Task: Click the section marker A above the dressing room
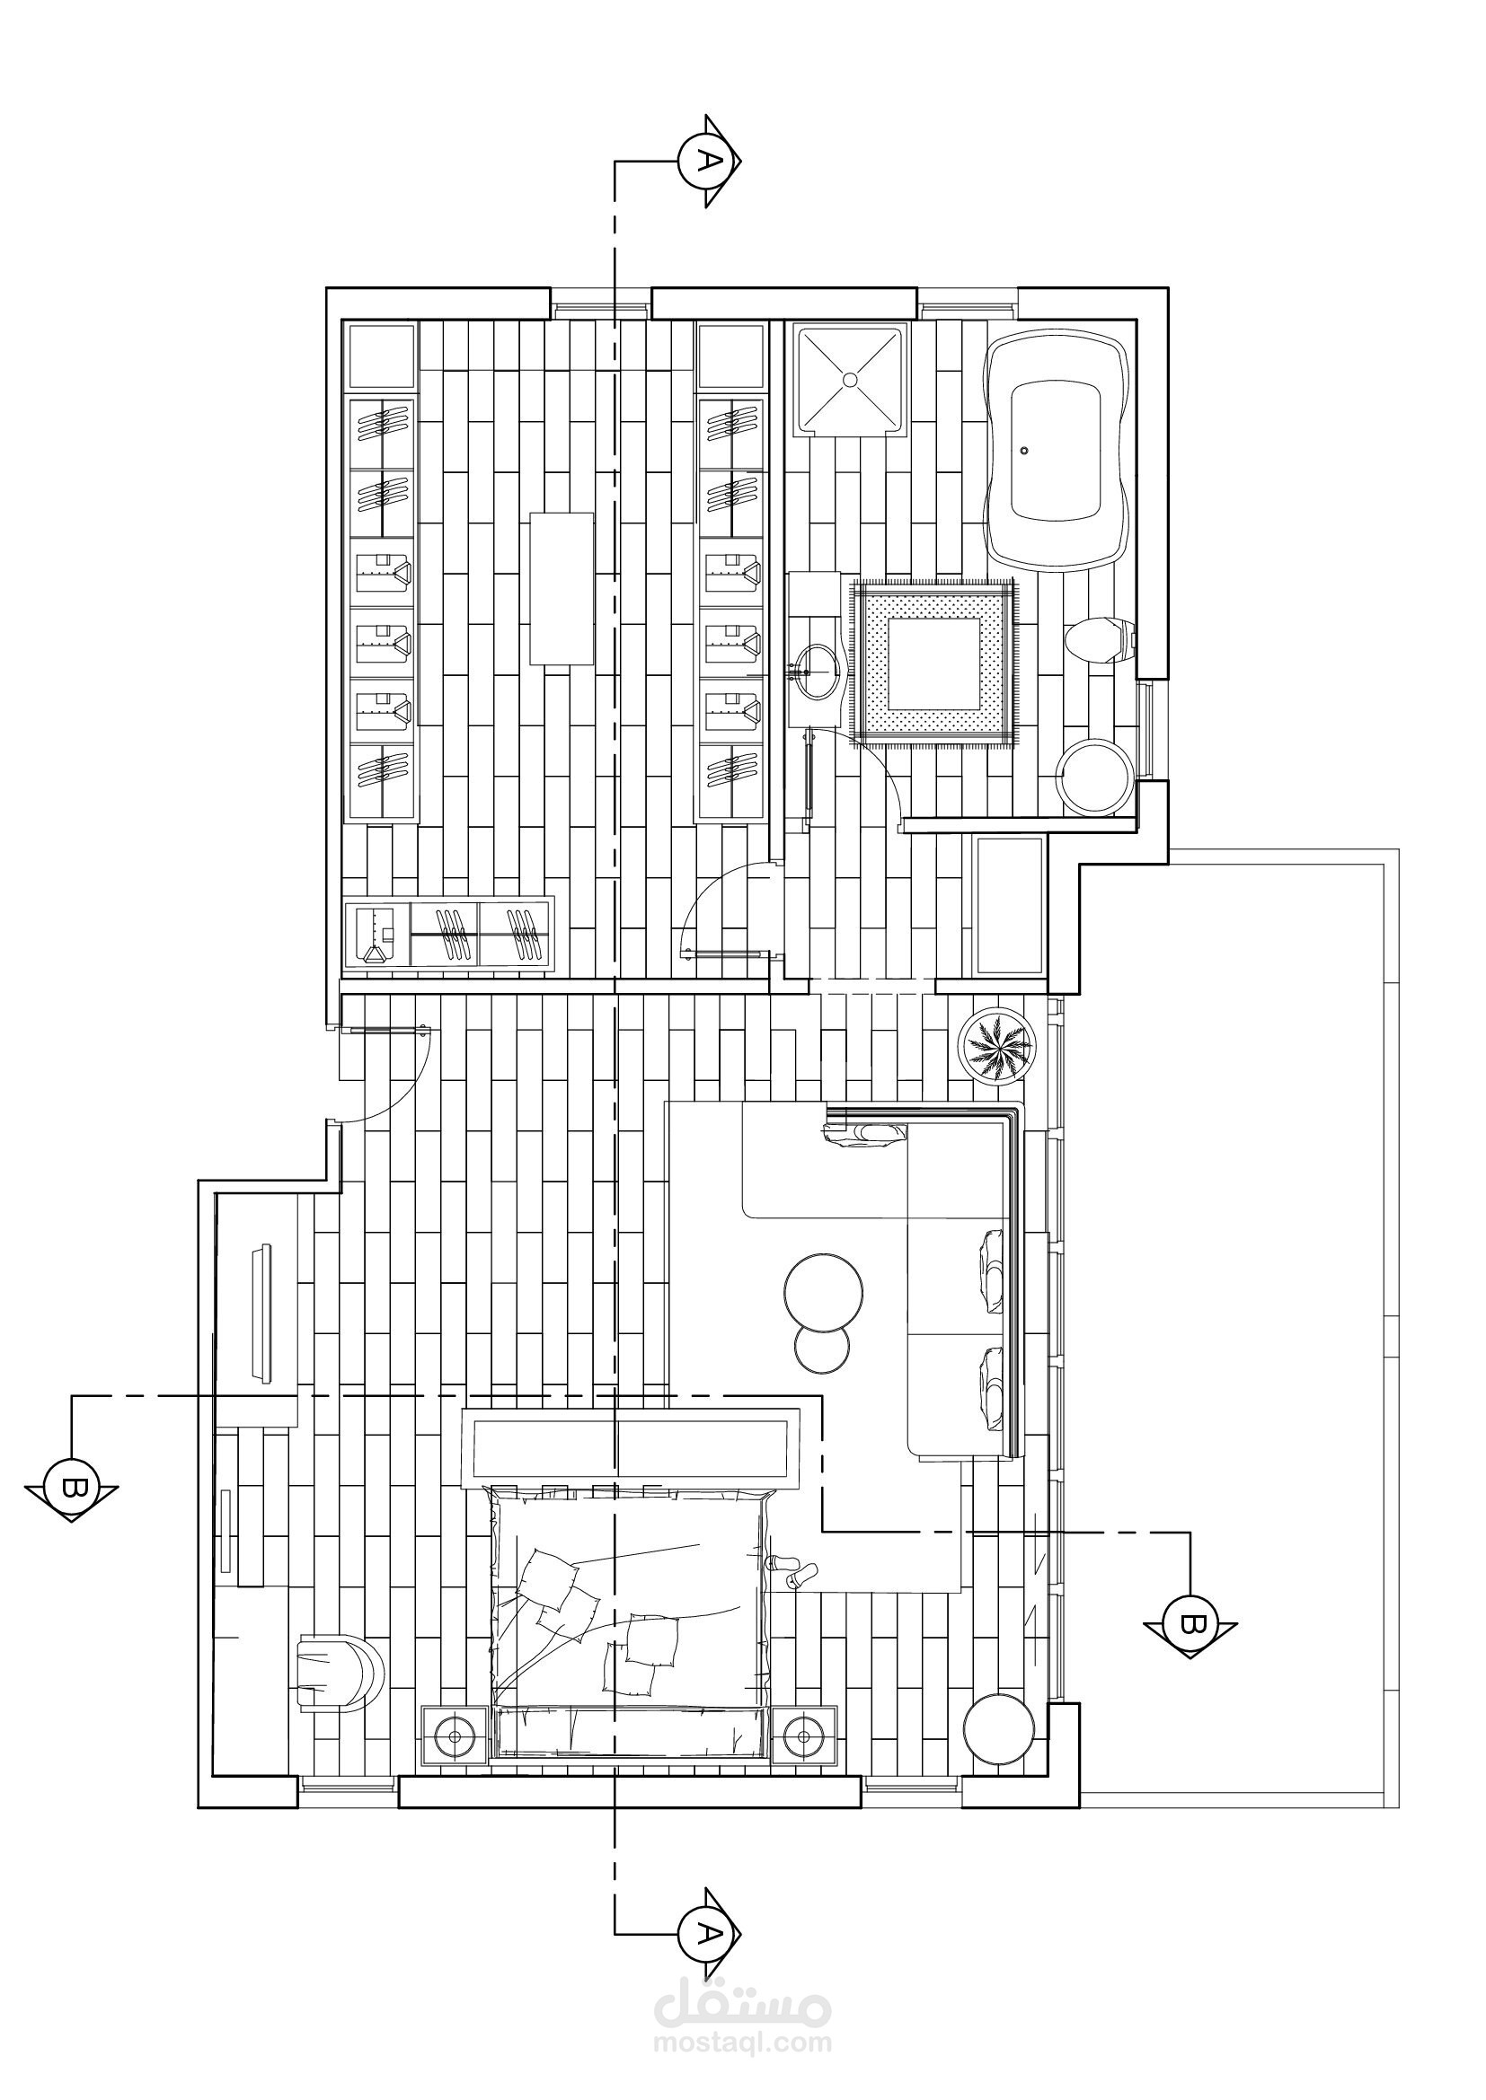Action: coord(707,161)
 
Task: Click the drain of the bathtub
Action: coord(1025,450)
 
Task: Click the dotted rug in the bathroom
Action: coord(933,663)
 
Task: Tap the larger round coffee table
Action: coord(823,1290)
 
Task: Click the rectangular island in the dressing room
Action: coord(561,589)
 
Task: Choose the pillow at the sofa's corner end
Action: coord(865,1135)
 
